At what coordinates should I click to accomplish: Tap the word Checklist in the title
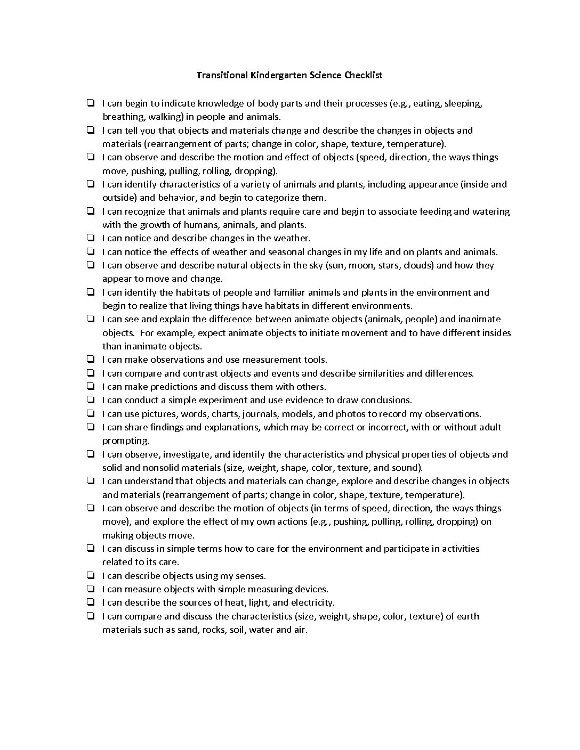363,75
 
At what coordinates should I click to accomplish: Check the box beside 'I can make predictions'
91,386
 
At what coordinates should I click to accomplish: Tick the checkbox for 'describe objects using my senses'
91,575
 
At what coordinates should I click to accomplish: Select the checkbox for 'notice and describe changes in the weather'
91,238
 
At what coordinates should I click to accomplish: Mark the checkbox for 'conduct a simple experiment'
91,400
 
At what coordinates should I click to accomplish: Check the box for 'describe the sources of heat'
91,602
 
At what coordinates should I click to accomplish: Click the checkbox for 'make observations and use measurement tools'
91,359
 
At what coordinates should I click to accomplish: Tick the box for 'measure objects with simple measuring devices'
91,589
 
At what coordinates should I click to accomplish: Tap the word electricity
312,602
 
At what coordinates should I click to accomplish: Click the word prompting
125,441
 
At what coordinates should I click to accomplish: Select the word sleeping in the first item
463,103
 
